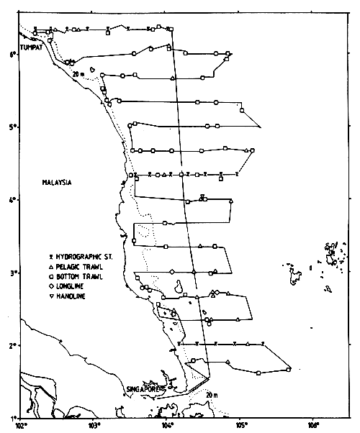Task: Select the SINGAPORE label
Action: click(x=143, y=389)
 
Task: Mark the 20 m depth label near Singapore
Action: click(x=210, y=395)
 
